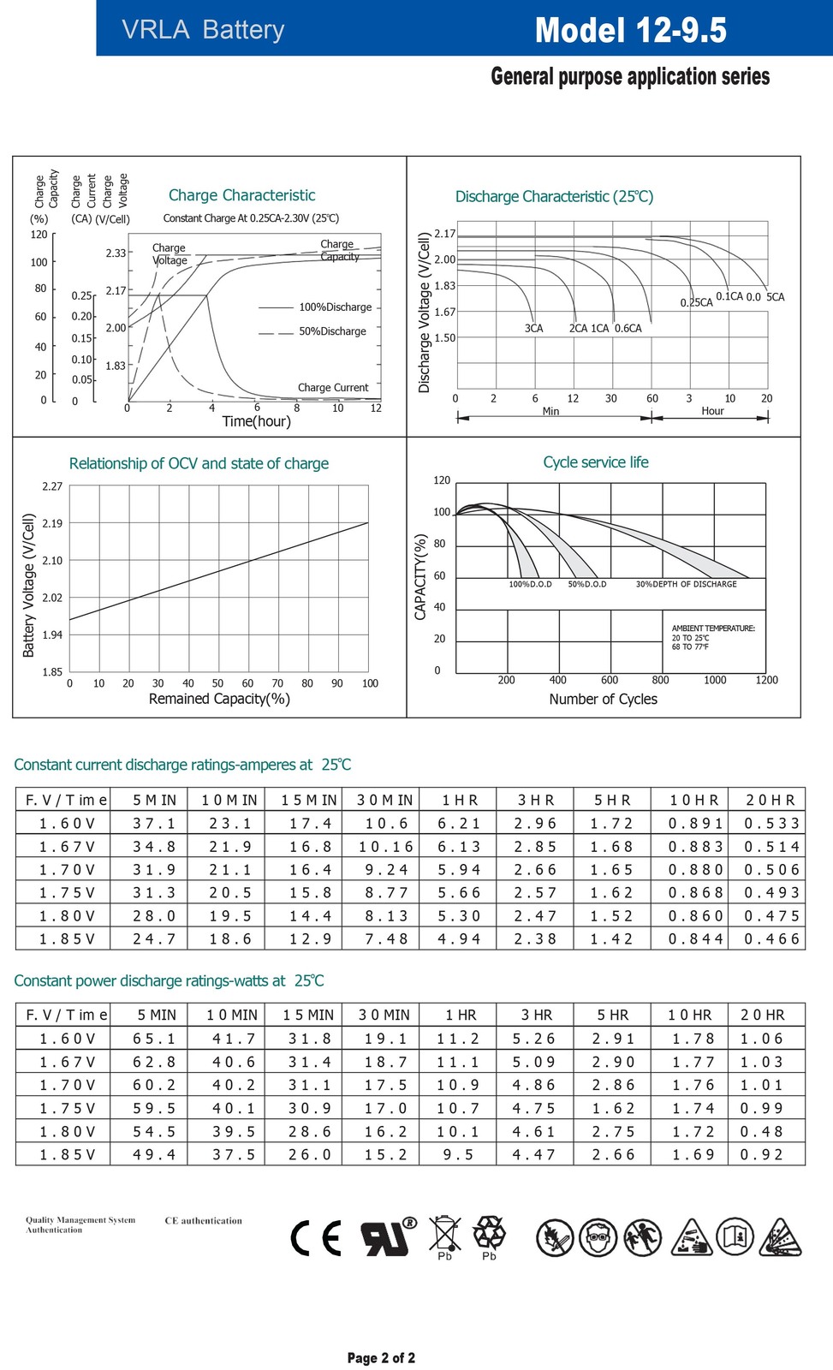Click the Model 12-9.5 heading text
tap(631, 30)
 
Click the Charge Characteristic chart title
tap(241, 195)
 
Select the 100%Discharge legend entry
tap(335, 307)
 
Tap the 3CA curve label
tap(533, 329)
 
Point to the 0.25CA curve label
tap(696, 302)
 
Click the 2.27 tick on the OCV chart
tap(52, 486)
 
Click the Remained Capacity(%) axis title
tap(219, 699)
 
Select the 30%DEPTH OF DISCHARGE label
tap(687, 584)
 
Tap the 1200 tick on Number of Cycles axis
tap(766, 680)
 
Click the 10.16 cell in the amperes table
tap(386, 847)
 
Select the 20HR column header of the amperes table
tap(770, 800)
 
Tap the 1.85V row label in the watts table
tap(68, 1155)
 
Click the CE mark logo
tap(316, 1238)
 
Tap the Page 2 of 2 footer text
tap(381, 1358)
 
